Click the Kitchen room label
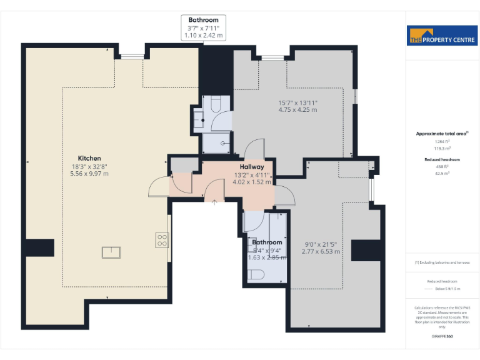(x=89, y=158)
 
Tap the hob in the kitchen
(x=162, y=240)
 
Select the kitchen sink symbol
(x=112, y=252)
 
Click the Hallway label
(x=252, y=167)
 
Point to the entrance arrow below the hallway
(x=215, y=201)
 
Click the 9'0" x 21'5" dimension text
(x=322, y=244)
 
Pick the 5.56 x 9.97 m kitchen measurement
(x=89, y=173)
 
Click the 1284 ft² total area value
(x=442, y=142)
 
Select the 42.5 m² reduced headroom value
(x=442, y=174)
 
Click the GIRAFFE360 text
(x=442, y=336)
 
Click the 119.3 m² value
(x=442, y=149)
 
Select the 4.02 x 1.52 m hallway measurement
(x=252, y=182)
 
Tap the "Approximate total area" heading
(x=441, y=134)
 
